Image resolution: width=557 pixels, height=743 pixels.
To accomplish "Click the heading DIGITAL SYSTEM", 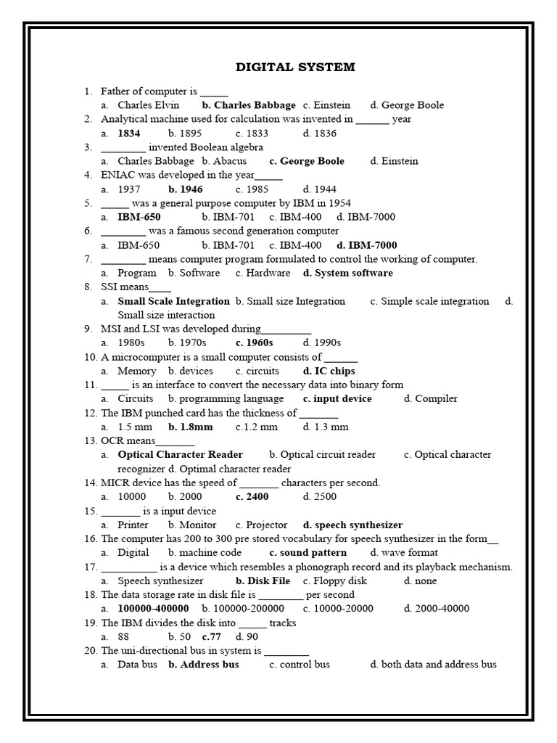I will [x=295, y=67].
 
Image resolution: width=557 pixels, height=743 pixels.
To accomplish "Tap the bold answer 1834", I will [x=129, y=134].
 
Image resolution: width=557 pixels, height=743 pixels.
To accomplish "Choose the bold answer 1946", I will [x=191, y=189].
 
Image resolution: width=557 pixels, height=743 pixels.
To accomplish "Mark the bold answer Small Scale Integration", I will [x=174, y=301].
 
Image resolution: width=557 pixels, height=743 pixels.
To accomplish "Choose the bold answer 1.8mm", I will [x=197, y=427].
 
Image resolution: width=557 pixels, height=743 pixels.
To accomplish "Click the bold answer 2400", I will [x=257, y=497].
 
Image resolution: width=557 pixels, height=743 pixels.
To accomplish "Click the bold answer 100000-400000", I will [x=153, y=609].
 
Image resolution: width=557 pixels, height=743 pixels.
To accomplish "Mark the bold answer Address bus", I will [x=209, y=665].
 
